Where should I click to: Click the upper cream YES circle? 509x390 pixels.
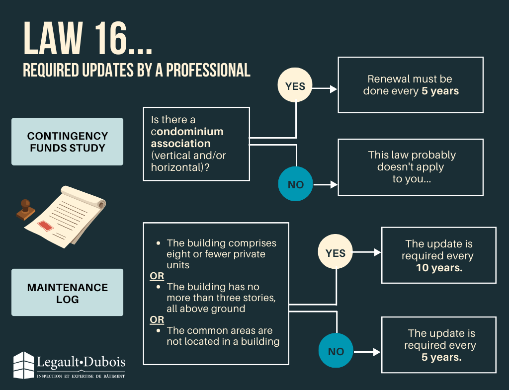[295, 86]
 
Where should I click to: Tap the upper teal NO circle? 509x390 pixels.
[296, 184]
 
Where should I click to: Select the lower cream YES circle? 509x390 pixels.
[336, 253]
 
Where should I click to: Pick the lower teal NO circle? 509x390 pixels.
[336, 351]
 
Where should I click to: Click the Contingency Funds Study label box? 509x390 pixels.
[67, 142]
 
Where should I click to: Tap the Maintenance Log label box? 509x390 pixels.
[67, 293]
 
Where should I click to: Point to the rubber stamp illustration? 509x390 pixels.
[25, 209]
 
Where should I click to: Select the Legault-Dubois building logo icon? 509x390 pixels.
[23, 365]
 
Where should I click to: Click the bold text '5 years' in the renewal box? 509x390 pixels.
[440, 91]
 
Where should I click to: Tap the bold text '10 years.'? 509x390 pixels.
[439, 268]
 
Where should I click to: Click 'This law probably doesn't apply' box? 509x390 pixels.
[410, 167]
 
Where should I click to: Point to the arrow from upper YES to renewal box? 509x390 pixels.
[326, 89]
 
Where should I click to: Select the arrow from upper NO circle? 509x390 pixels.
[326, 184]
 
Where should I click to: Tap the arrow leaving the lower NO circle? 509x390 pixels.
[367, 352]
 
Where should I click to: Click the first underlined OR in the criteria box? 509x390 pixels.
[157, 276]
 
